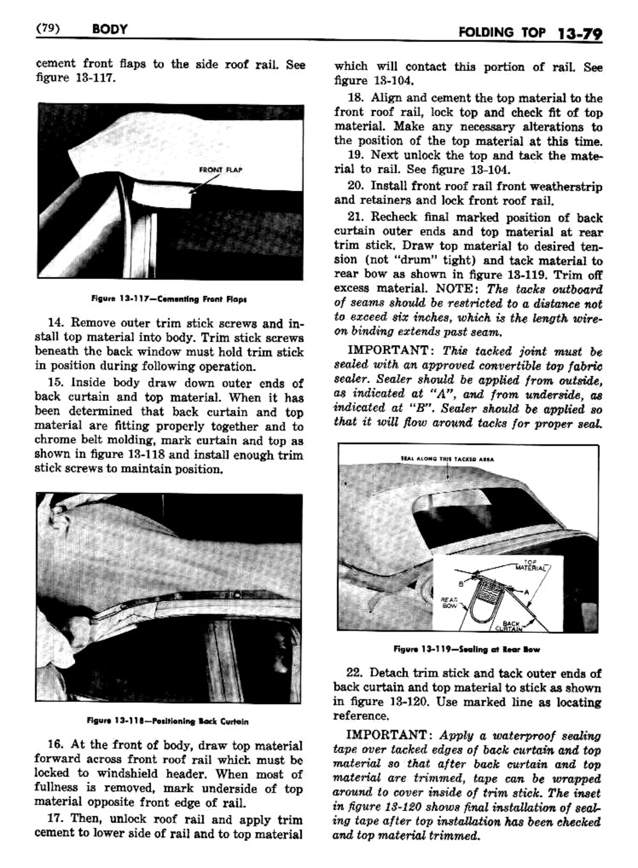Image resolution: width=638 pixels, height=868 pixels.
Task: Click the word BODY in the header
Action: pos(110,28)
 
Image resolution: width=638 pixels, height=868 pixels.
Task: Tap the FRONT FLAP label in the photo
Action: pos(221,170)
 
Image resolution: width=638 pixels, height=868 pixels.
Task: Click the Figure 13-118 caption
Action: pos(167,721)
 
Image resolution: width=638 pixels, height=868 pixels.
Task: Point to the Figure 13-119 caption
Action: pos(466,649)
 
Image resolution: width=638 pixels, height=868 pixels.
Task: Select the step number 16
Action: pos(57,746)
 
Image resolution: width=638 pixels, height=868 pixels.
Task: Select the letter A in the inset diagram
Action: pos(525,591)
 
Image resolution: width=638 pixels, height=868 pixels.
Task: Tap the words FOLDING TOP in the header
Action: pos(502,32)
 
